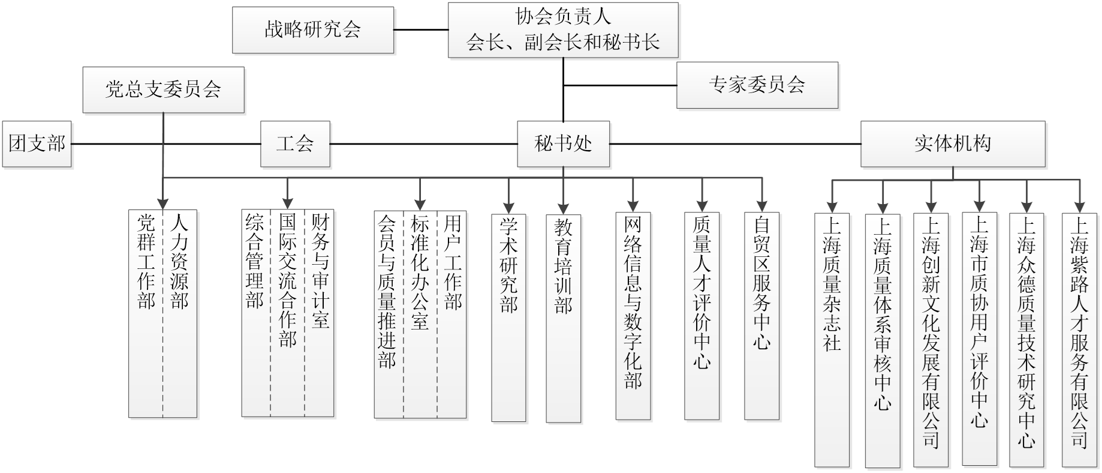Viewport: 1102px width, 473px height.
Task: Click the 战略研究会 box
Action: click(313, 29)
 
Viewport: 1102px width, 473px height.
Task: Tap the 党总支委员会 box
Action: click(163, 90)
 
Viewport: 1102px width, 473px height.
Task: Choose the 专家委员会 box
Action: click(757, 85)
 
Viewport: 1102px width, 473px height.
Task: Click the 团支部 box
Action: click(37, 144)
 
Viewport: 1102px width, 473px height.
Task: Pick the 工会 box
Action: click(295, 144)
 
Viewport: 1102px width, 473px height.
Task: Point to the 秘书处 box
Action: click(563, 144)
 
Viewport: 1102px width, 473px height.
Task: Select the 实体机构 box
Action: click(953, 144)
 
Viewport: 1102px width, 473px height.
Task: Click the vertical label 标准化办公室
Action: click(420, 273)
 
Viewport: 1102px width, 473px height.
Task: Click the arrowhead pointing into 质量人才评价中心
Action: click(702, 205)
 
